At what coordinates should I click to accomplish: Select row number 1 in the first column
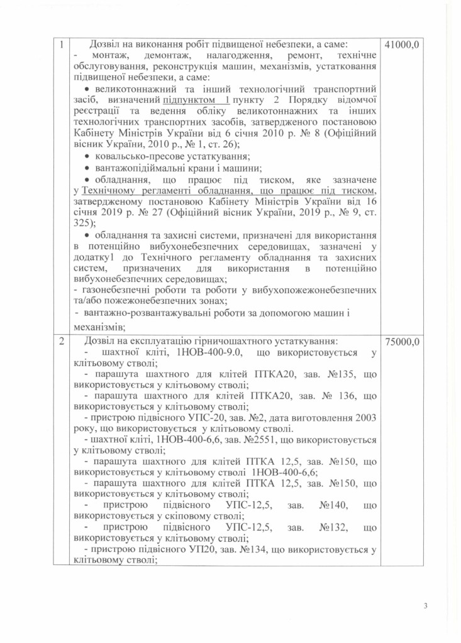click(x=62, y=45)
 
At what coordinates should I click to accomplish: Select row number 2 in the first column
click(x=62, y=342)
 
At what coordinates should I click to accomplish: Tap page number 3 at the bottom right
click(x=425, y=606)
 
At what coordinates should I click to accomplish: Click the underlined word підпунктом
click(x=187, y=100)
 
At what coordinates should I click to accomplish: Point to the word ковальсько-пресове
click(x=135, y=156)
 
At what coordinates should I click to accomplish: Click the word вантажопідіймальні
click(x=133, y=168)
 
